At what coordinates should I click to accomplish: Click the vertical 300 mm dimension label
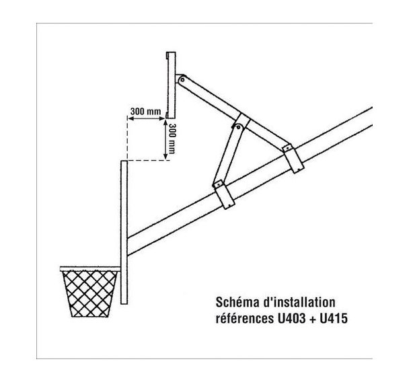point(173,140)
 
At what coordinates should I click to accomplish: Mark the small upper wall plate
point(171,85)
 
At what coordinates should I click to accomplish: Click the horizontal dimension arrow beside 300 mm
point(146,119)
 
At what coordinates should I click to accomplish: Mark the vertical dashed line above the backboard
point(128,138)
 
